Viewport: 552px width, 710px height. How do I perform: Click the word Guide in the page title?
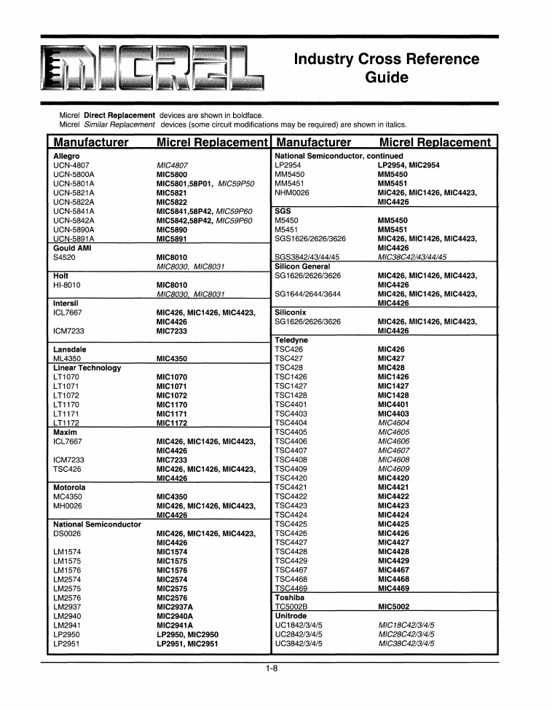[x=386, y=78]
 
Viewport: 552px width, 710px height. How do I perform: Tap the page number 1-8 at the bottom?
[x=272, y=670]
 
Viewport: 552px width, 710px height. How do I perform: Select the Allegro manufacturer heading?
[x=67, y=156]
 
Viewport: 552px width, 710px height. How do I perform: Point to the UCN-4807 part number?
[x=71, y=165]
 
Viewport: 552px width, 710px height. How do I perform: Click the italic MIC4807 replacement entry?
[x=172, y=165]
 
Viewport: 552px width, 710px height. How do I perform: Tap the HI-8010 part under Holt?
[x=68, y=285]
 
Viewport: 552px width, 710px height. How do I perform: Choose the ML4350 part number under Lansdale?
[x=67, y=358]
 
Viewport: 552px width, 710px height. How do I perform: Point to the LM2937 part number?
[x=66, y=607]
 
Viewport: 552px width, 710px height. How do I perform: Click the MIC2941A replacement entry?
[x=175, y=625]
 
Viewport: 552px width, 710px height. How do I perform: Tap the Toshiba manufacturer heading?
[x=290, y=597]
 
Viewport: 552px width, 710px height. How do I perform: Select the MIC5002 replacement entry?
[x=394, y=606]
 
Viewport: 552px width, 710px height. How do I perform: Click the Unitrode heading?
[x=291, y=615]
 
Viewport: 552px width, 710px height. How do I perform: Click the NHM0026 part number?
[x=292, y=193]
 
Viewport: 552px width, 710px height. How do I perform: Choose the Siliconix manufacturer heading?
[x=291, y=312]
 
